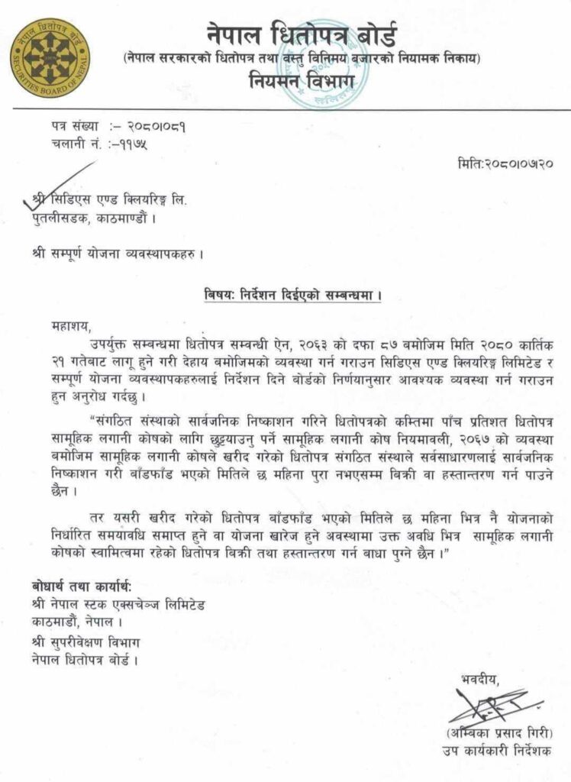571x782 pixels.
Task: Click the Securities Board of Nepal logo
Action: [x=50, y=57]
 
